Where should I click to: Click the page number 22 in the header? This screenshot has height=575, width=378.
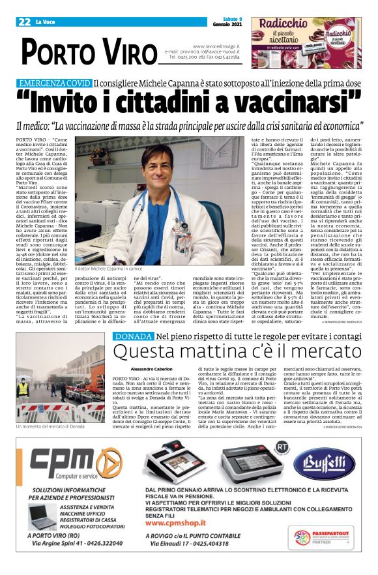(25, 22)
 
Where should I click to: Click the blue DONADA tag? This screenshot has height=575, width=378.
(134, 336)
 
